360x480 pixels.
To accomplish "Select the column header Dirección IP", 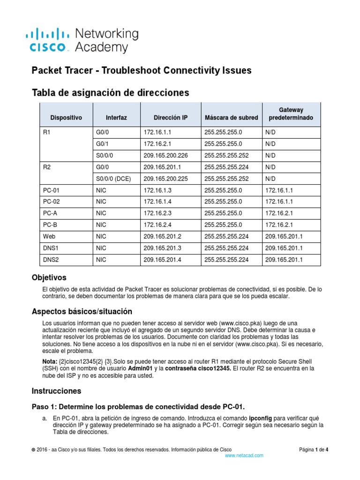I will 171,118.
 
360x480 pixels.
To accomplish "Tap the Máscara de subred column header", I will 230,118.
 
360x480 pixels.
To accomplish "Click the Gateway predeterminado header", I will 291,113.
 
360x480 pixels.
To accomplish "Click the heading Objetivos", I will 49,277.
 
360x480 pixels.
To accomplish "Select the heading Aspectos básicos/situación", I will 82,311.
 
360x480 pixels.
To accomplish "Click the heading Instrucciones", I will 56,390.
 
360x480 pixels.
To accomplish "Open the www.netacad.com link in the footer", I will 244,455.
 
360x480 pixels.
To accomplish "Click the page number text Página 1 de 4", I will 314,450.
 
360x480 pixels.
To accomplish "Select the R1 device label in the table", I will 46,133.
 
